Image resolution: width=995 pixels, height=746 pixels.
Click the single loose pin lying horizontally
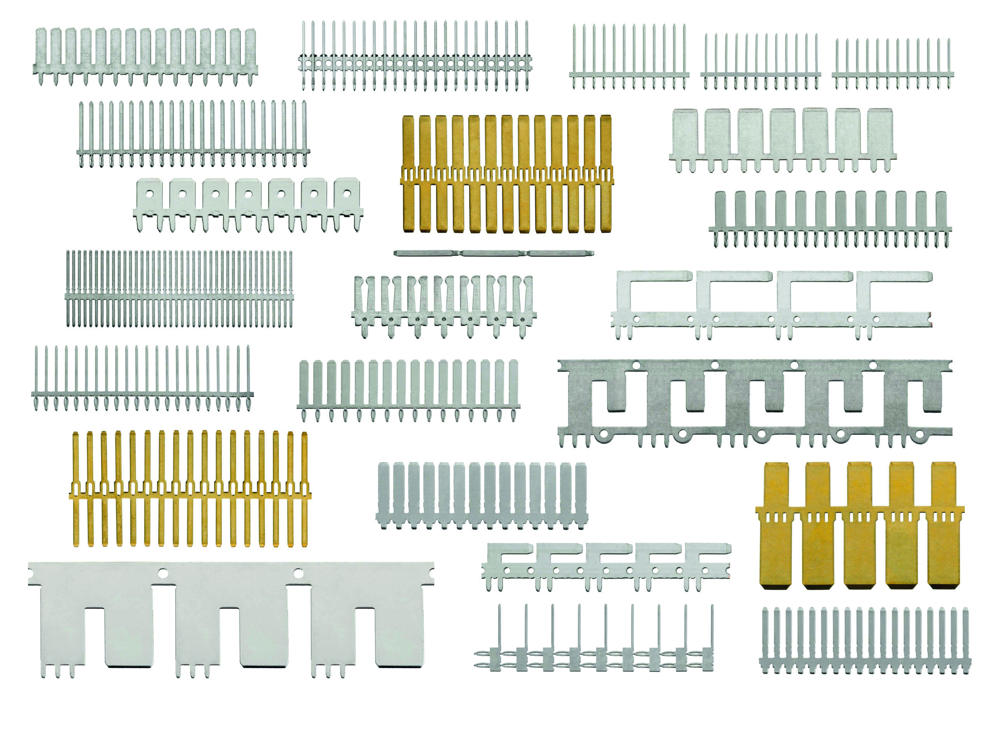(494, 253)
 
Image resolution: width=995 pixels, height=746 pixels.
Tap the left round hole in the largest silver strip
(162, 573)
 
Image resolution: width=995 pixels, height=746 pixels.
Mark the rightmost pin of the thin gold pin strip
(305, 488)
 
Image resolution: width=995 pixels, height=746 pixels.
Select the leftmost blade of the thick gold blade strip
(408, 173)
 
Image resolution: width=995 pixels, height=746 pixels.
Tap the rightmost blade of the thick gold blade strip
(606, 173)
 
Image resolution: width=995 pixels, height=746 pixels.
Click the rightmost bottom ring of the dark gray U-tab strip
(919, 435)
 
